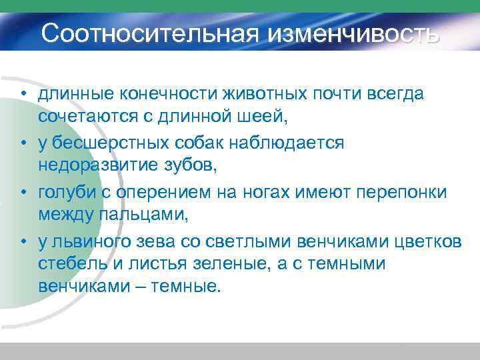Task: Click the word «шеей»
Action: [264, 118]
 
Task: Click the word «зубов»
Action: [199, 167]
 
